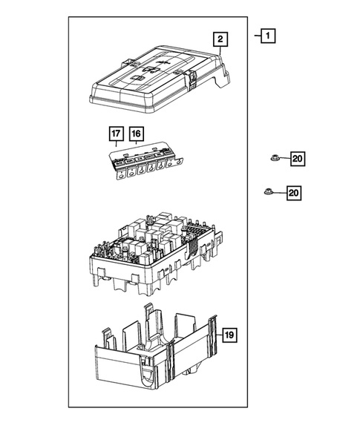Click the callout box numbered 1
[267, 35]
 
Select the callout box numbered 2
[219, 39]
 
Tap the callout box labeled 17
[117, 134]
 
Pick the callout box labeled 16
[136, 134]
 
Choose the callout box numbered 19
[230, 335]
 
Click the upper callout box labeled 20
[296, 158]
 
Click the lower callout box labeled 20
[293, 193]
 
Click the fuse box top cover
[156, 85]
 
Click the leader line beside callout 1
[255, 35]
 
